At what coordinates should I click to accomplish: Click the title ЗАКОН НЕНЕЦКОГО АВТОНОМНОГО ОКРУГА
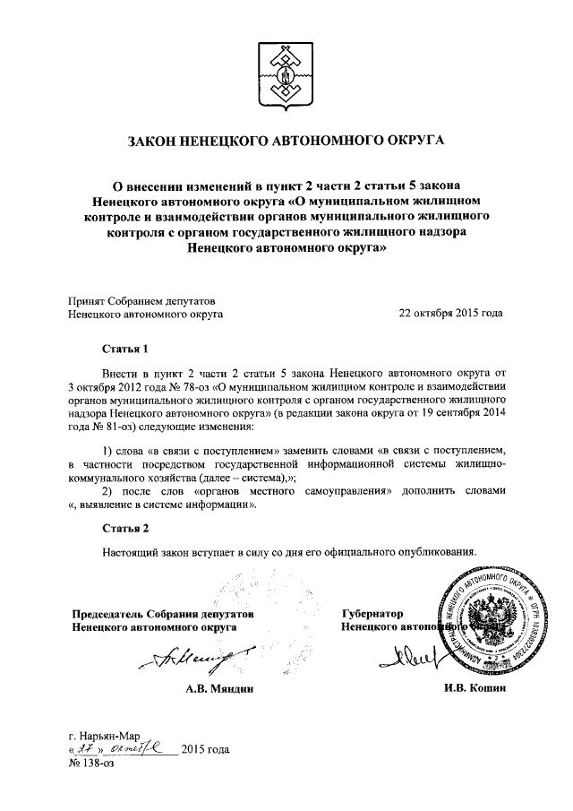tap(286, 141)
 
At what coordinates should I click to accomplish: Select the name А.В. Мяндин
tap(220, 691)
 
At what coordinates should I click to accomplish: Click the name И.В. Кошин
tap(475, 689)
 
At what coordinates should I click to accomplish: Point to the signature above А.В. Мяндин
tap(192, 662)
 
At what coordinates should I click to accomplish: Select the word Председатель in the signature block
tap(110, 614)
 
